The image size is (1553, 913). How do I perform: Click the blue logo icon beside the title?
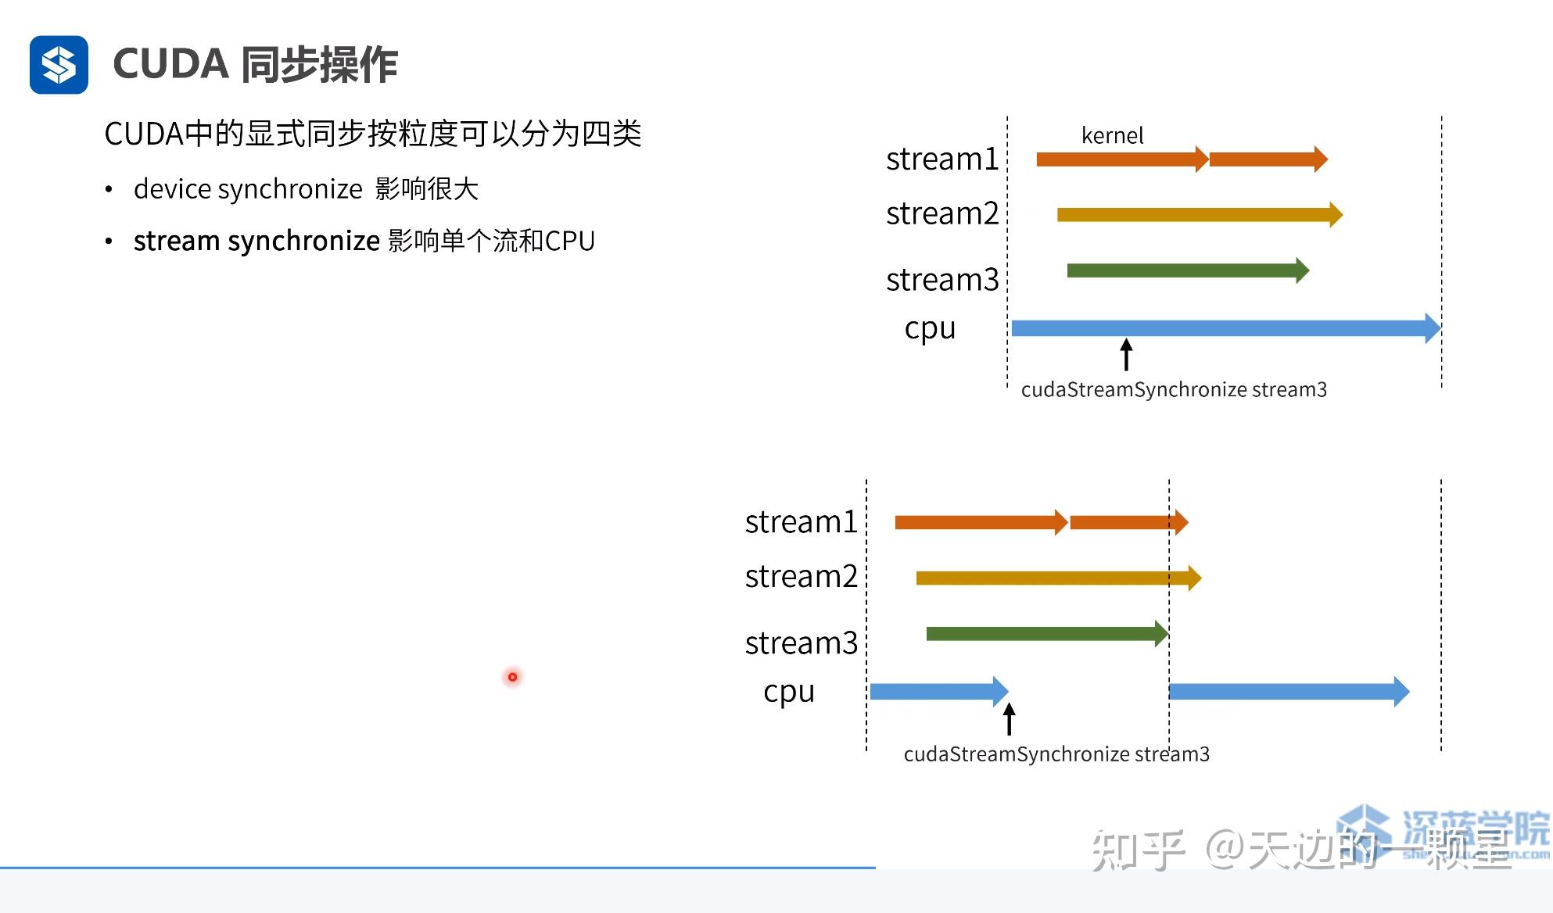point(59,65)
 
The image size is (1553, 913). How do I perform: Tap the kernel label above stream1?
point(1112,136)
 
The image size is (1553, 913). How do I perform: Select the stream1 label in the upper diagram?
point(942,159)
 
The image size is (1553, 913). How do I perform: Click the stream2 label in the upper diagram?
point(942,213)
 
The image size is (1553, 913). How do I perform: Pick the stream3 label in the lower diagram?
point(802,643)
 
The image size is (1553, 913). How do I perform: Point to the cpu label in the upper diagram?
point(930,328)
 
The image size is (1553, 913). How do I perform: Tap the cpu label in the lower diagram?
point(789,692)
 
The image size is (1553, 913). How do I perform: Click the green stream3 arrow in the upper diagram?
point(1185,270)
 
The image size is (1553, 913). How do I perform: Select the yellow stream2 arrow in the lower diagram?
point(1056,578)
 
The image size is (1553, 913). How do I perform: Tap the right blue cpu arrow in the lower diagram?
point(1286,691)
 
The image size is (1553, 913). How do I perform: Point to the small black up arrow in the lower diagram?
point(1010,718)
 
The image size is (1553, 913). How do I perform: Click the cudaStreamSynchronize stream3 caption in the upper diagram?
point(1174,389)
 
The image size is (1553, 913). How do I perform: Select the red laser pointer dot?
point(512,677)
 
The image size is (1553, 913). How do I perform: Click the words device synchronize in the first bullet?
point(248,189)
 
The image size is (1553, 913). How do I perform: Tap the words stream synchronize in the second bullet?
point(256,241)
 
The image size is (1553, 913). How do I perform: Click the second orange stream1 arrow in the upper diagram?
point(1267,159)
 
